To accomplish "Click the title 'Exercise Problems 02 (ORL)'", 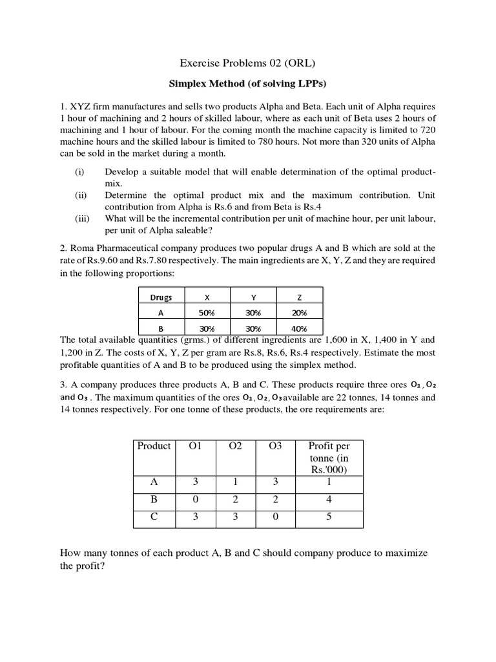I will pos(247,63).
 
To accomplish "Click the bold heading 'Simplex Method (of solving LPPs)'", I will pos(247,84).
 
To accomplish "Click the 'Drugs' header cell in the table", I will pos(161,297).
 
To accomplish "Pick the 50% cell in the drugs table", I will pos(207,312).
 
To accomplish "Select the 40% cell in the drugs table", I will pos(299,328).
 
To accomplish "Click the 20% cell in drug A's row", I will pos(299,312).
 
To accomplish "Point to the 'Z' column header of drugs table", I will pos(299,297).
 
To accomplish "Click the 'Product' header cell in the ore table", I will pos(154,446).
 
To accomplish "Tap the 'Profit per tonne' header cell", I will pos(329,458).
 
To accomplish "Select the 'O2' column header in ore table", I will pos(234,446).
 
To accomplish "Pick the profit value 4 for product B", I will pos(329,500).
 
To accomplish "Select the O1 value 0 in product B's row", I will pos(194,500).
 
